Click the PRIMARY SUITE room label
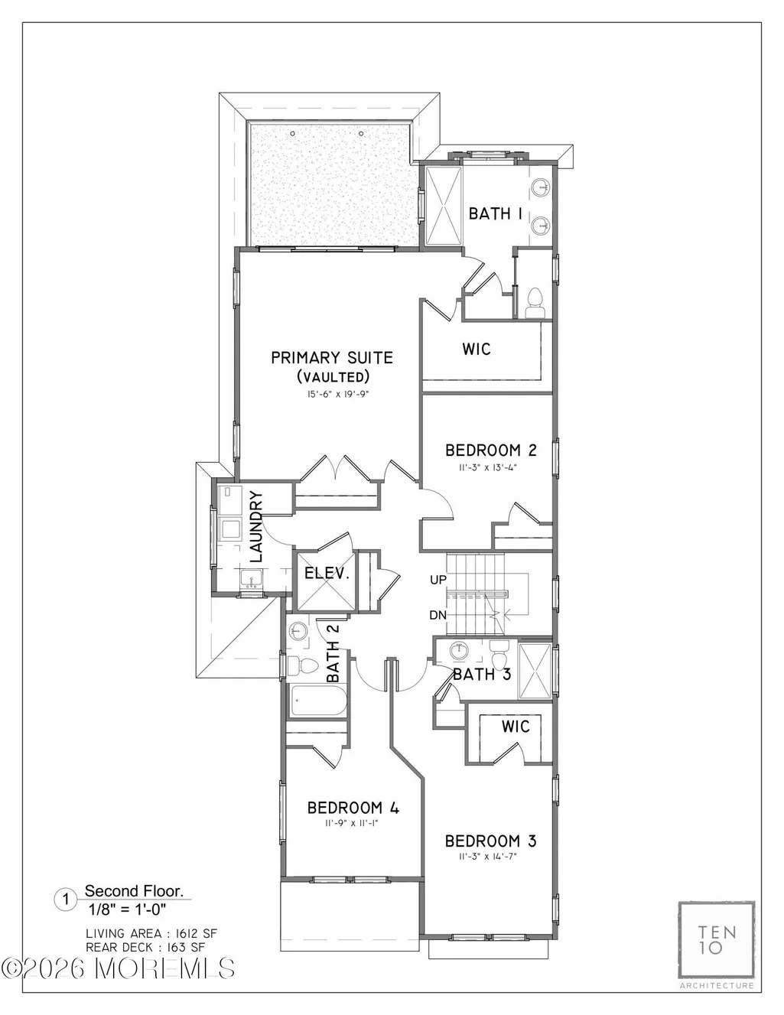pos(332,358)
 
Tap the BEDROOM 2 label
pos(491,451)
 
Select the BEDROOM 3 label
pos(491,841)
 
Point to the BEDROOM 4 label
pos(353,808)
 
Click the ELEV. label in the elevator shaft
pos(327,573)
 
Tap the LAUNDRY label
pos(257,526)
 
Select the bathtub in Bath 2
pos(318,700)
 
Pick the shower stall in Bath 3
pos(535,671)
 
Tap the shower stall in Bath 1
pos(444,206)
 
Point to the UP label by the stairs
pos(438,580)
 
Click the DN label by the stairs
pos(438,615)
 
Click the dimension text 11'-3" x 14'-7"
pos(488,857)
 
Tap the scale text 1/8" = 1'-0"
pos(128,909)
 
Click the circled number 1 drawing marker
pos(66,900)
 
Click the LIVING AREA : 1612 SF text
pos(151,933)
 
